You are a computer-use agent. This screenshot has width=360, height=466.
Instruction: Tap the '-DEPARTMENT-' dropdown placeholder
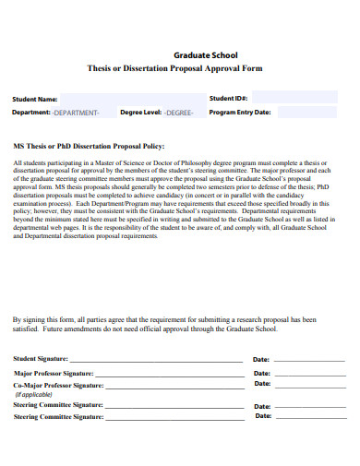(76, 113)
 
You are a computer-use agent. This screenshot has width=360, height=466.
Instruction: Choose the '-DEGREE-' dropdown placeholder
(179, 113)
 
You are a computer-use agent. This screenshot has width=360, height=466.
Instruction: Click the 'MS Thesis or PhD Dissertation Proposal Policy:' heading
(89, 146)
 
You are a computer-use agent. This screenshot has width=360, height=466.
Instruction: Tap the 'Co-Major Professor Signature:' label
(58, 385)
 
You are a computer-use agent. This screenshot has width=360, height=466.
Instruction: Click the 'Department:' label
(30, 113)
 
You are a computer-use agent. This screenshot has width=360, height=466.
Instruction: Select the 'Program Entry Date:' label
(240, 113)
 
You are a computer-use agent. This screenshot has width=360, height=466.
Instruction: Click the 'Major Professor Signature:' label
(53, 373)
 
